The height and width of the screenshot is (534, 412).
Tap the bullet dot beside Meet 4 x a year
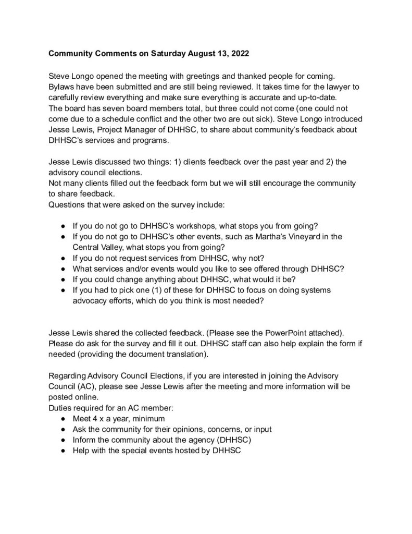(63, 419)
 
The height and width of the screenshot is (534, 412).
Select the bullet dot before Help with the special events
(63, 450)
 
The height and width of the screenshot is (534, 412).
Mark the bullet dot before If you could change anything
(63, 279)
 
